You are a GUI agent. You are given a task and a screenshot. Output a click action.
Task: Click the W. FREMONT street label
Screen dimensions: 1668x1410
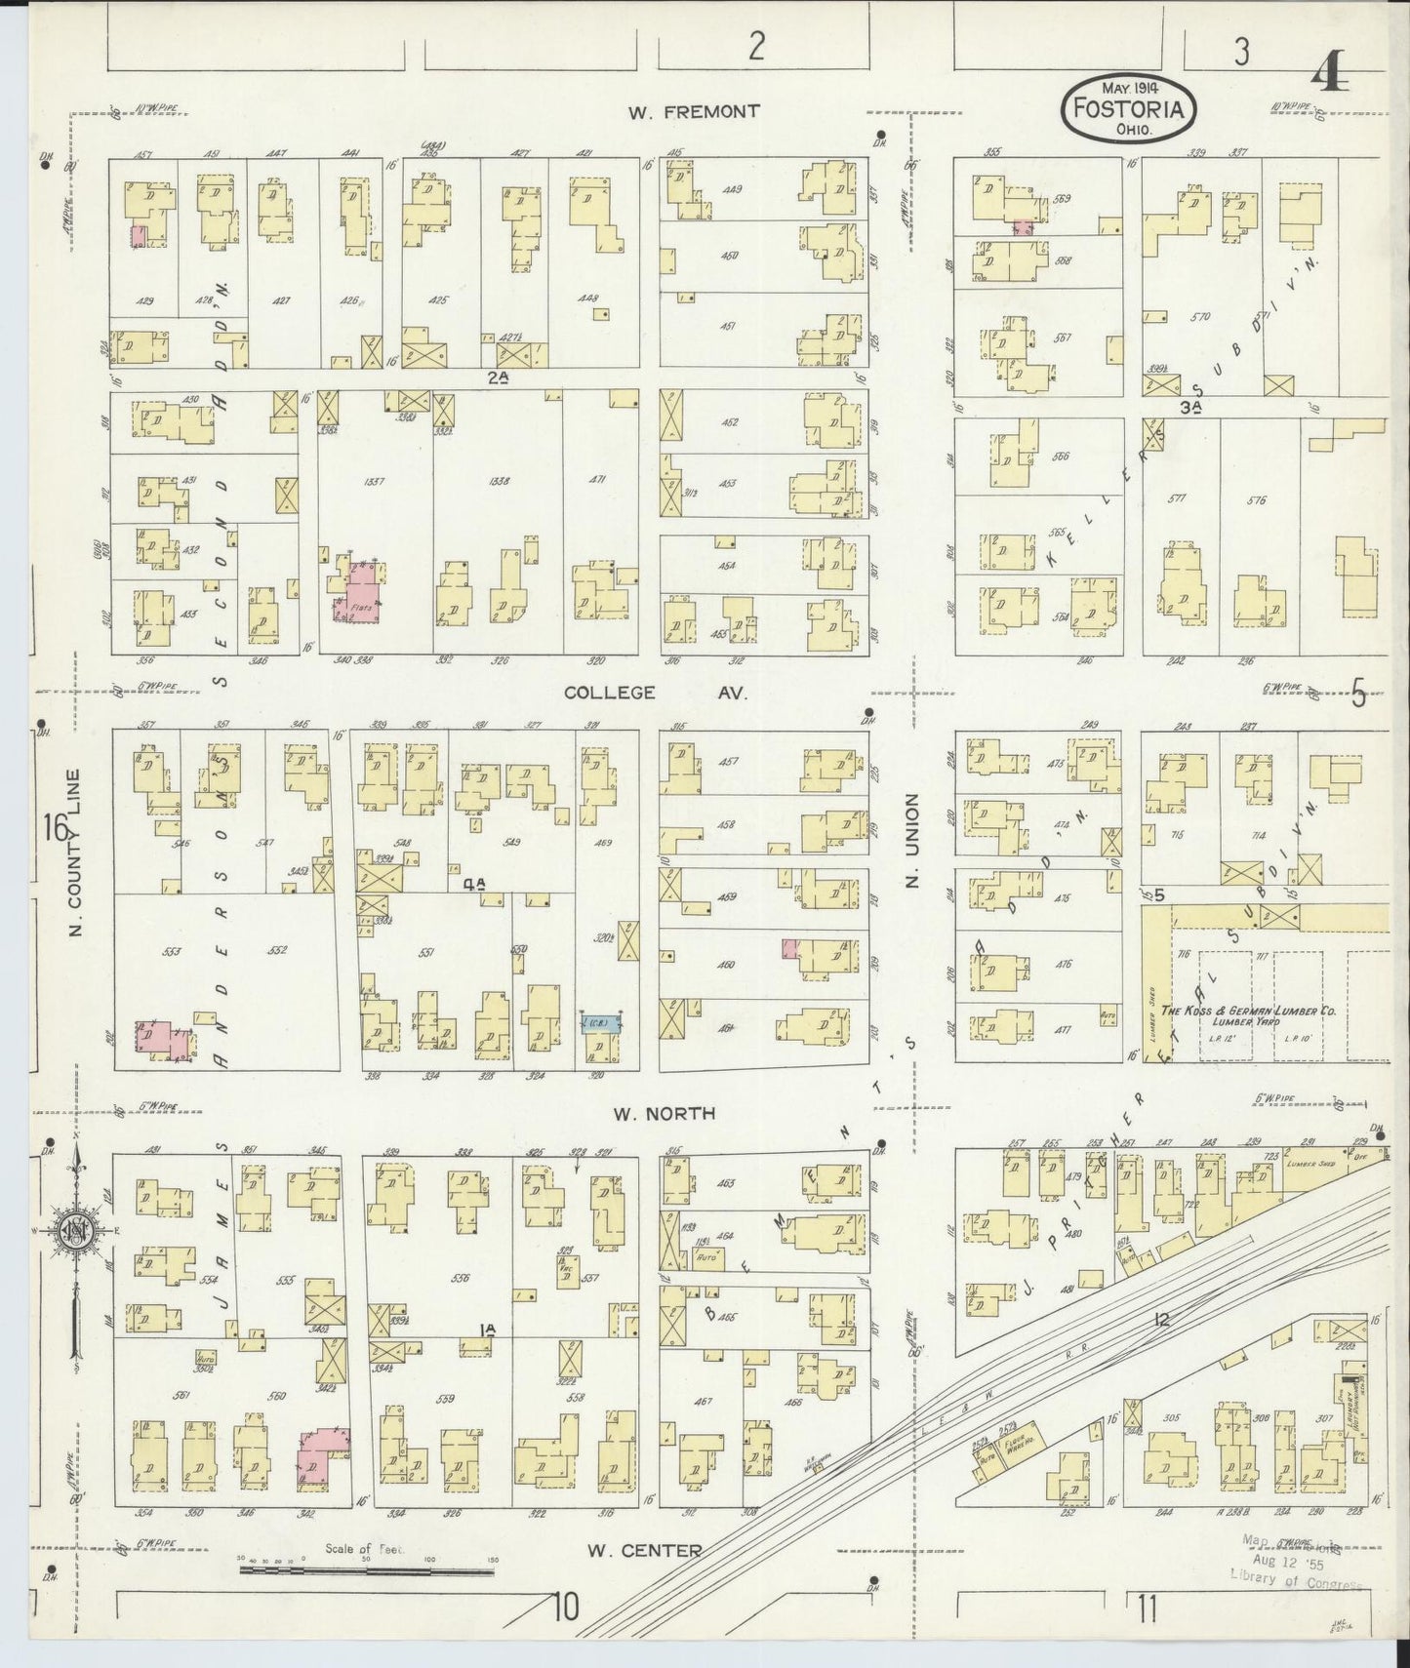(x=693, y=111)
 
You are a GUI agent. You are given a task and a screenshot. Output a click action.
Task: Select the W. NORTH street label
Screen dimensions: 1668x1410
(x=665, y=1113)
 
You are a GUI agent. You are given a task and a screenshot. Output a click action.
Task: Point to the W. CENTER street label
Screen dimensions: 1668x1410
(x=645, y=1550)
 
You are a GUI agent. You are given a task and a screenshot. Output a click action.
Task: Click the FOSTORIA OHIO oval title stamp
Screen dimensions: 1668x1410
(x=1129, y=110)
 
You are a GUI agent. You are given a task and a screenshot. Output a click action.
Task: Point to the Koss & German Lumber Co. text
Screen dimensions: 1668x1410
(x=1260, y=1011)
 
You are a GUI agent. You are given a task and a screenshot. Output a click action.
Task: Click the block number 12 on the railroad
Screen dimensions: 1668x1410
(x=1160, y=1320)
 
